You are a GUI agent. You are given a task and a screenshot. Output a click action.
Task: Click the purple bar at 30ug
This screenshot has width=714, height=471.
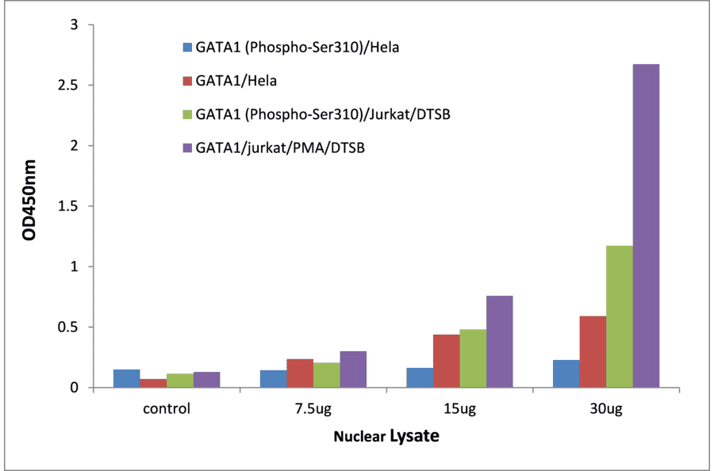[x=646, y=226]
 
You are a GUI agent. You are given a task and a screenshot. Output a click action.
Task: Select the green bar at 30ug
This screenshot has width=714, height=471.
[x=620, y=316]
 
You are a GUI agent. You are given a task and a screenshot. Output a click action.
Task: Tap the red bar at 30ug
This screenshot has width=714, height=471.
[x=593, y=352]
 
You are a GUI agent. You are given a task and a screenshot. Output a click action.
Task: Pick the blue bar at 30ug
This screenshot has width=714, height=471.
[x=566, y=373]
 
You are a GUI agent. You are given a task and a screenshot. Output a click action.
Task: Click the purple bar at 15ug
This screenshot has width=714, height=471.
[x=499, y=342]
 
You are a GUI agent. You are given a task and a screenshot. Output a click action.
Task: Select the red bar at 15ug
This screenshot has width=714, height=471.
[x=446, y=361]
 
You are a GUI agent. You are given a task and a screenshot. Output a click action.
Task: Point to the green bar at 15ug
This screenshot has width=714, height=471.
[x=473, y=358]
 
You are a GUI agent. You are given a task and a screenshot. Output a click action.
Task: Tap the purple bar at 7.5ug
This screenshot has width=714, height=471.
[x=353, y=370]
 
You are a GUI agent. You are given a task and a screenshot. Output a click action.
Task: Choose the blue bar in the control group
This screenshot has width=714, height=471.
[x=127, y=378]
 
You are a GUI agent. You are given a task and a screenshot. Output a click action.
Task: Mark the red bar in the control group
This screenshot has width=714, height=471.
[x=153, y=383]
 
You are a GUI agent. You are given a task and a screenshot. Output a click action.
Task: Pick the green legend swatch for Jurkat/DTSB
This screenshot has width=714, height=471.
[x=187, y=115]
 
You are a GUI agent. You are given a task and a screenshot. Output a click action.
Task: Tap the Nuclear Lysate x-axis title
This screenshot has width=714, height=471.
[x=386, y=436]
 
